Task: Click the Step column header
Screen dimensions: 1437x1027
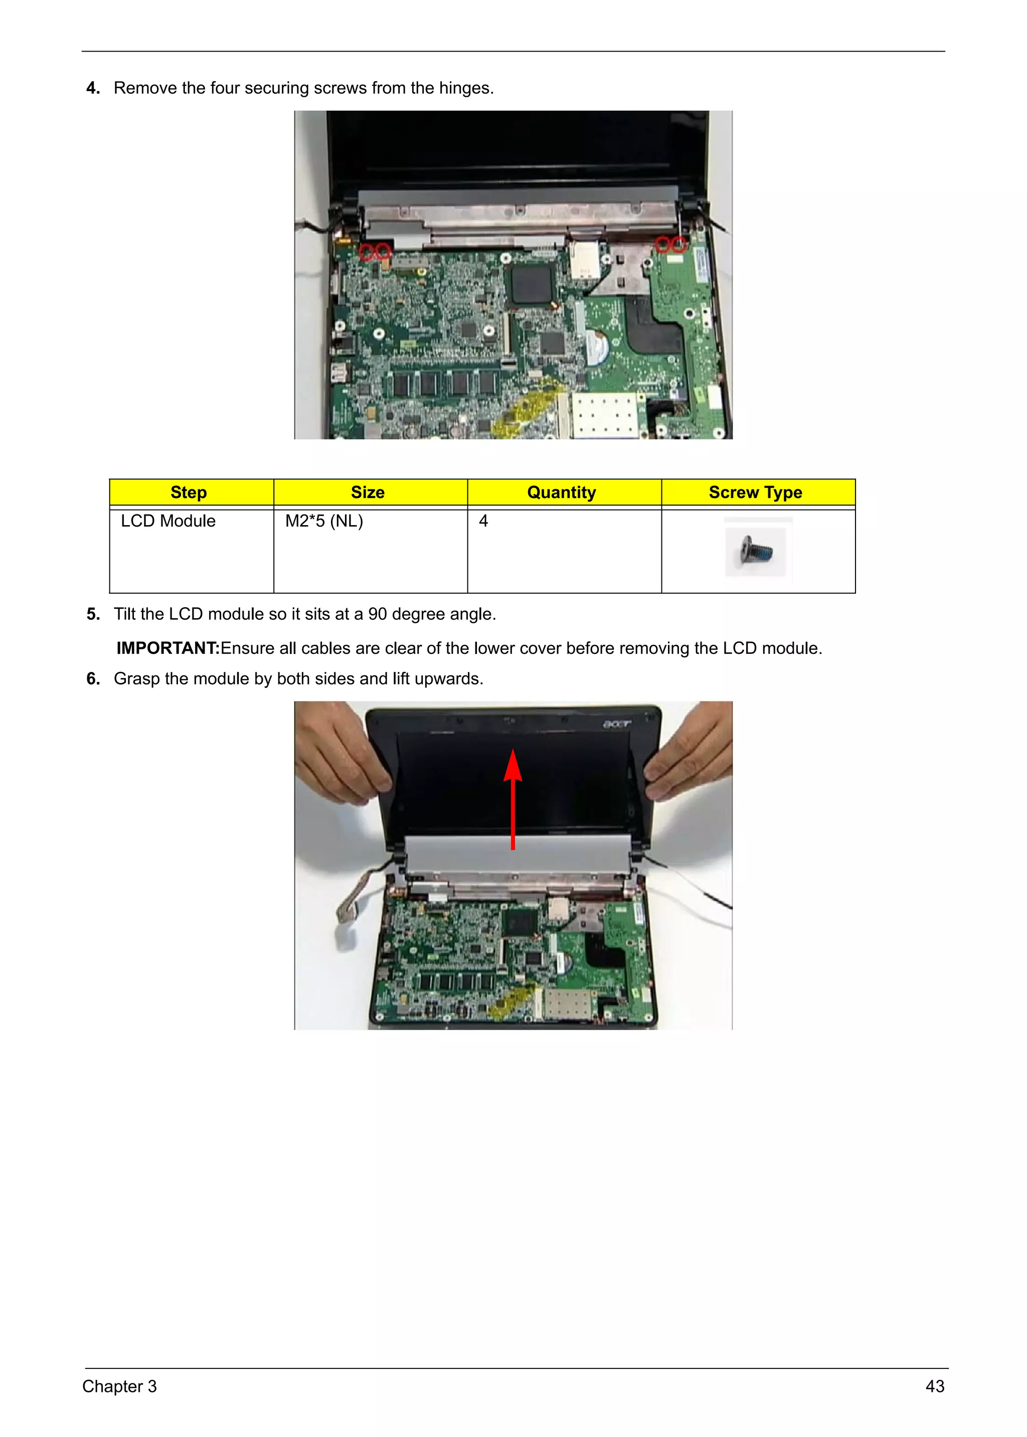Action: pos(189,492)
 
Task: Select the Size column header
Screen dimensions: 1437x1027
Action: pos(368,492)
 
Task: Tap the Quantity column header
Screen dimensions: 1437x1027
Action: pos(562,492)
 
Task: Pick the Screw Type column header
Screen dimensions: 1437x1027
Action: pos(755,492)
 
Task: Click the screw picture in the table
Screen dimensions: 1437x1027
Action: pos(755,551)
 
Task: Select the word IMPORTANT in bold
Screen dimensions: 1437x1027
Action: pos(167,648)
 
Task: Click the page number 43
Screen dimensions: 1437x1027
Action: pos(935,1386)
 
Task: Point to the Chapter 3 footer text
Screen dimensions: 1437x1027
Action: pos(119,1386)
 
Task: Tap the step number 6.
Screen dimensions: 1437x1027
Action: pos(93,679)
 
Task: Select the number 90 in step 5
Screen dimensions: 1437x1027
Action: pos(378,614)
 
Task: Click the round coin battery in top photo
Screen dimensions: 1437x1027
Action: pos(598,346)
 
